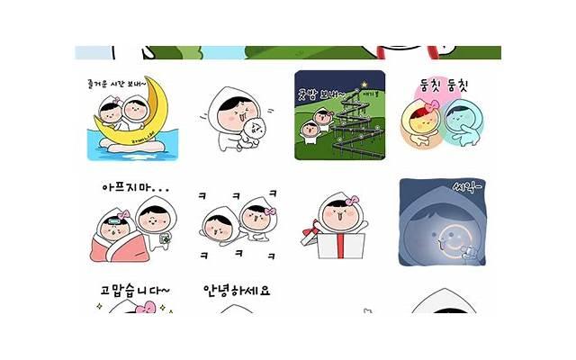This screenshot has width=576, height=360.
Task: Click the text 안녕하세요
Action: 237,290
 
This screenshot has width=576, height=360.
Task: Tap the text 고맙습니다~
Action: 134,290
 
